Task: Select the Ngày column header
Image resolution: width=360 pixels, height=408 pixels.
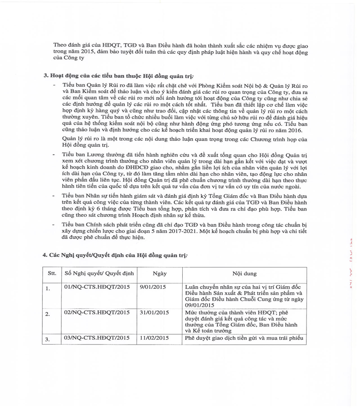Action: click(x=160, y=273)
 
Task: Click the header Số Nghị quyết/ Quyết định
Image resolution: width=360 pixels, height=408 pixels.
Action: click(x=99, y=273)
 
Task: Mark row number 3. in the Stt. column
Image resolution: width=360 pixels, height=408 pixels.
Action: click(x=48, y=340)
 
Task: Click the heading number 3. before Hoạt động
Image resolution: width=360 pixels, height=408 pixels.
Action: click(x=45, y=73)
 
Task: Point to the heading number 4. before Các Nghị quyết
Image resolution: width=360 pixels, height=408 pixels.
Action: click(x=45, y=255)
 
